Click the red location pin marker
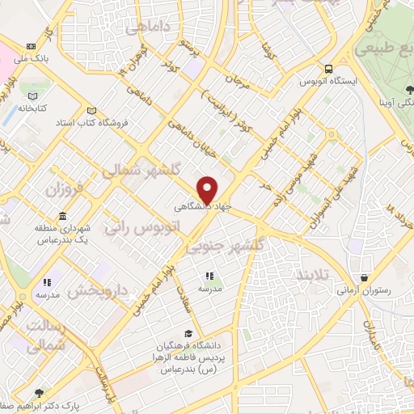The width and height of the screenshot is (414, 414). click(x=208, y=188)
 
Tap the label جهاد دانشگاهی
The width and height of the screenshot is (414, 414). click(x=202, y=207)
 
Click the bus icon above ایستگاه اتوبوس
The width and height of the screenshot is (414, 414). click(x=328, y=70)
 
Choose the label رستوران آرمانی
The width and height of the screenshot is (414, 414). click(x=364, y=289)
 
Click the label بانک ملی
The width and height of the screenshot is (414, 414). click(x=36, y=59)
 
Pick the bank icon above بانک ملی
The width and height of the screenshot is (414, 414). click(x=32, y=47)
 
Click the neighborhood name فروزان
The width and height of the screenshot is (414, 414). click(x=64, y=192)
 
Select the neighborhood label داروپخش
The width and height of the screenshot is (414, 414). click(x=98, y=288)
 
